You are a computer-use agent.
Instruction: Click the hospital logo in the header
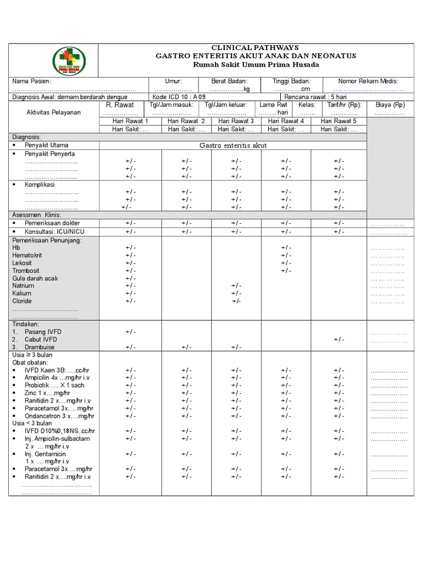69,60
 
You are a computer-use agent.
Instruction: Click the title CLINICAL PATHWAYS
256,48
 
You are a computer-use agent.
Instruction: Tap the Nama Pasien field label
32,81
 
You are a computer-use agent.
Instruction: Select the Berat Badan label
230,81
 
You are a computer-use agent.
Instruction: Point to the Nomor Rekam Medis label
368,81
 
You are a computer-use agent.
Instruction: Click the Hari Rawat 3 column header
236,121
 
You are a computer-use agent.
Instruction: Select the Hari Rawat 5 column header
338,121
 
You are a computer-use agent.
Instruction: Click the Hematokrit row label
27,256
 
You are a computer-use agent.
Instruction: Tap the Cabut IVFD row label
40,340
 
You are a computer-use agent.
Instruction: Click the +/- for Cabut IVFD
339,340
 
